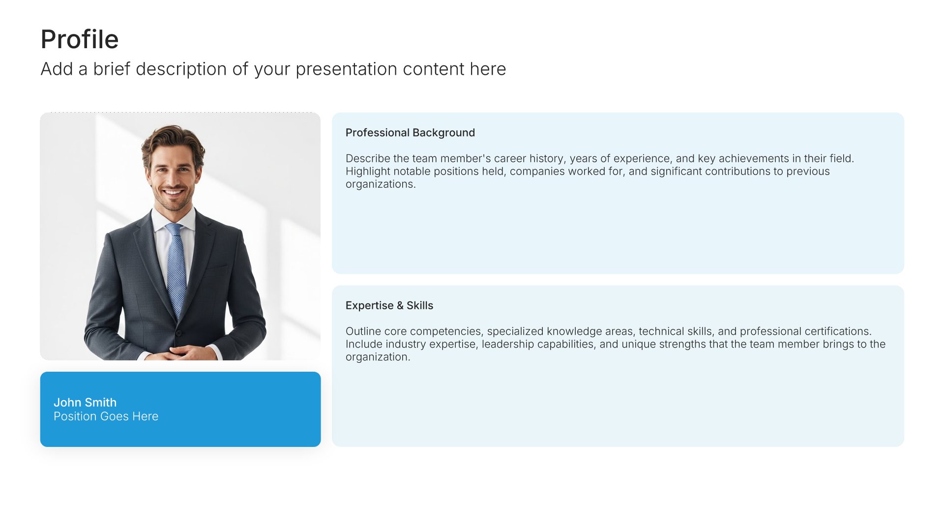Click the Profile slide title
pos(80,39)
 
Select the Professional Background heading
pos(410,133)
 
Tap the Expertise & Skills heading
pos(389,305)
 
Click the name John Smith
pos(85,402)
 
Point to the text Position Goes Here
pos(106,416)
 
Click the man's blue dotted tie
pos(176,268)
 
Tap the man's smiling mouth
pos(173,192)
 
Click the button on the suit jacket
pos(178,333)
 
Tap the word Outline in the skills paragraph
pos(363,331)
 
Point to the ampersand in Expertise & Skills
pos(400,305)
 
